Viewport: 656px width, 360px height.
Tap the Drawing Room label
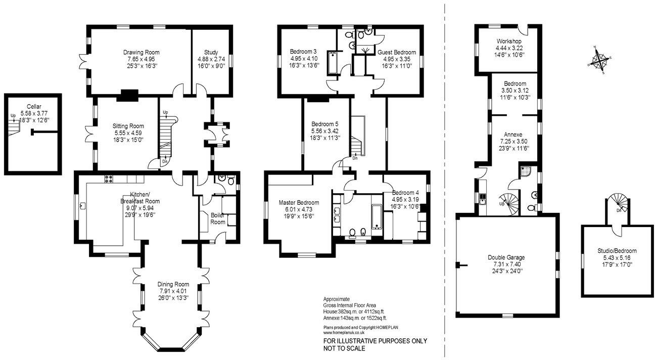[141, 53]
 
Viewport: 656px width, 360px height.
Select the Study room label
[211, 52]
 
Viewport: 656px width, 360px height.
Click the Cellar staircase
[14, 128]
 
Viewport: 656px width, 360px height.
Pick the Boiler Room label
[218, 218]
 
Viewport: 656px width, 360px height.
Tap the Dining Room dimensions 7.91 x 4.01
[173, 291]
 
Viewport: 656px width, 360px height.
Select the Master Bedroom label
[299, 202]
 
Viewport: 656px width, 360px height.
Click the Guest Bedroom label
[397, 53]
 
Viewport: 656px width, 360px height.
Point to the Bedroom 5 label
[325, 124]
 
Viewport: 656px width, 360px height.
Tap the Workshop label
[509, 41]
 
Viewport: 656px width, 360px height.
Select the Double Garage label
[506, 257]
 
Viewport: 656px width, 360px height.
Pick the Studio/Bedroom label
[617, 251]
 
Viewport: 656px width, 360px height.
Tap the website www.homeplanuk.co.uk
[344, 333]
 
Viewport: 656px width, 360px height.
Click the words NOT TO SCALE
[344, 348]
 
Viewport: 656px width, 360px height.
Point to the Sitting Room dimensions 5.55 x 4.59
[128, 133]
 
